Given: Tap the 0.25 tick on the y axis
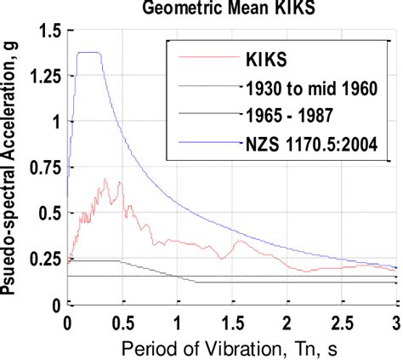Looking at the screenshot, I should [43, 258].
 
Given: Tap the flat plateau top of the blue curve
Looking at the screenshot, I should [89, 53].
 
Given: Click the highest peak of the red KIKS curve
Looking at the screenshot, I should [105, 180].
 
